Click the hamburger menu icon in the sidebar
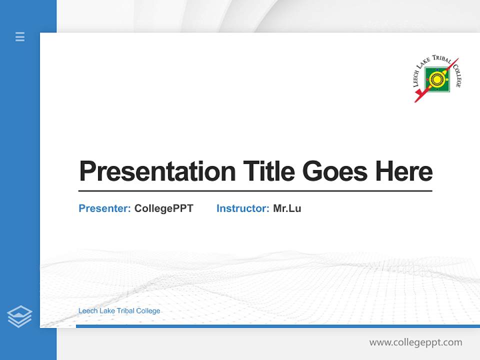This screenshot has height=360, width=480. click(20, 36)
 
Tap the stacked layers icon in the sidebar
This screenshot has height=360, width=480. click(19, 316)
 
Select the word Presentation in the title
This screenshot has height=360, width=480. click(157, 171)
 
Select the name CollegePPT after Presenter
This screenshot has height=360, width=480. click(163, 208)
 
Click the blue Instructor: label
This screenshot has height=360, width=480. click(243, 208)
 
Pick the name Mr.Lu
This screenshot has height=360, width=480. click(287, 208)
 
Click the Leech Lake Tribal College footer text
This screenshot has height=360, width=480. click(119, 311)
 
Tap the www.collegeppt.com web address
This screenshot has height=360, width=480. click(415, 342)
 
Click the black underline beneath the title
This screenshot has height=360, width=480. click(255, 191)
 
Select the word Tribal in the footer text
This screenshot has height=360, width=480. click(125, 311)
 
